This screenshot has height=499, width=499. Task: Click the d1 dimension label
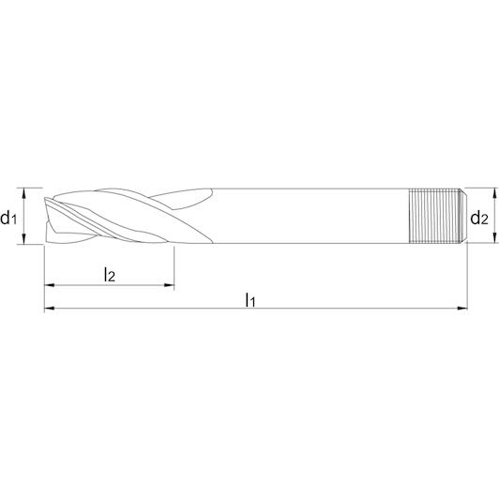click(8, 218)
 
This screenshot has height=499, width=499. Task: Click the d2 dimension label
click(479, 218)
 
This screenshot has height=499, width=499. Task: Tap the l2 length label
click(109, 274)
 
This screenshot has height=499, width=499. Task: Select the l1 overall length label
click(250, 299)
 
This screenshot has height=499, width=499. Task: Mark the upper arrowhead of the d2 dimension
click(494, 192)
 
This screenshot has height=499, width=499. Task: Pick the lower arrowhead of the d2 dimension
click(494, 238)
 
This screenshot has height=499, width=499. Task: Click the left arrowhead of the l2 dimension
click(50, 285)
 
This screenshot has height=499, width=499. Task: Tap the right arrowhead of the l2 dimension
click(169, 285)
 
